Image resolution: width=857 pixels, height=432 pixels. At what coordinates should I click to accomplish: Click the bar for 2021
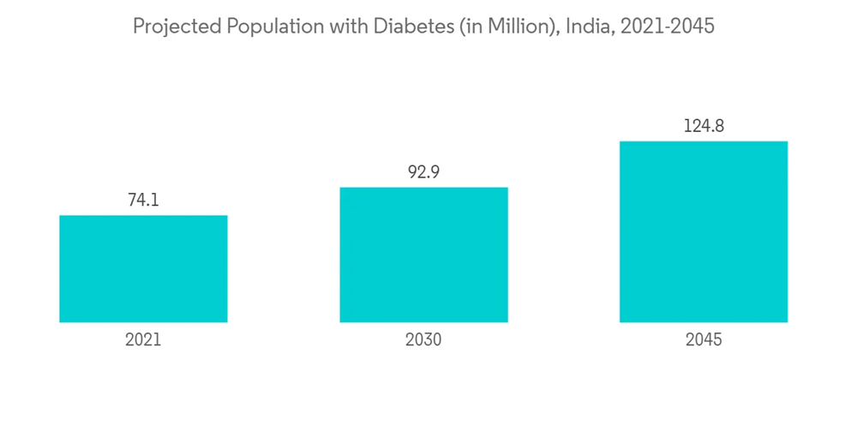143,268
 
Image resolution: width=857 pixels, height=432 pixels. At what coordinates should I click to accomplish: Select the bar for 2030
423,255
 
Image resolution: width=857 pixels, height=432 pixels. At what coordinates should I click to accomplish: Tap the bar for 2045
704,231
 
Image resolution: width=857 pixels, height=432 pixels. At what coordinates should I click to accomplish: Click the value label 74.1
143,201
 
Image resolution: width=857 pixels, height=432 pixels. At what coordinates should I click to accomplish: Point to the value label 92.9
423,172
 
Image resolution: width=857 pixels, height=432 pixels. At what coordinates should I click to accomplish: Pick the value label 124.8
704,126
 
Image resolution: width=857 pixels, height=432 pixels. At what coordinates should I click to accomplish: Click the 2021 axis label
143,340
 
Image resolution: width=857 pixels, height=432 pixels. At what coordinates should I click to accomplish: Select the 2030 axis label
423,340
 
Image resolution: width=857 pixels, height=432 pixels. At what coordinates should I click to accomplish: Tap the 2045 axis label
704,340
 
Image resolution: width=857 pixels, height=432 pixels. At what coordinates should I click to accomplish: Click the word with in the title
341,27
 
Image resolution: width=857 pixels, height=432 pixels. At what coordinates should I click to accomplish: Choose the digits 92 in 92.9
417,172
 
